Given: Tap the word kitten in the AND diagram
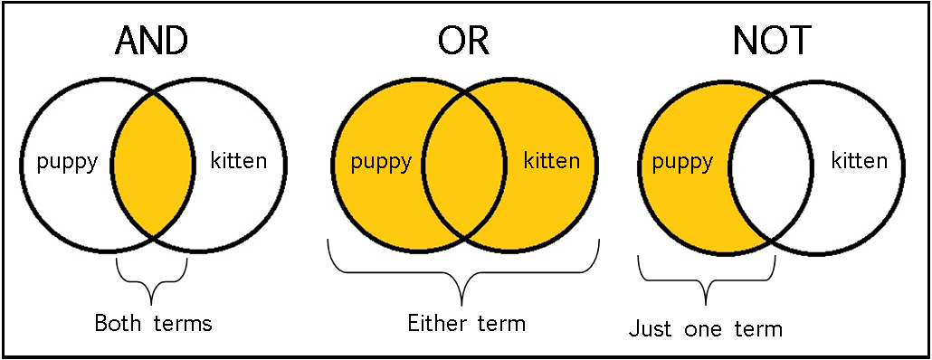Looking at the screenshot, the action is tap(238, 162).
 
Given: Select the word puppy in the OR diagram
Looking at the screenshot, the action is tap(380, 163).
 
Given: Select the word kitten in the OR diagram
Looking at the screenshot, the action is tap(552, 163).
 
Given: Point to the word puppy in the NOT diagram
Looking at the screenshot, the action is tap(683, 163).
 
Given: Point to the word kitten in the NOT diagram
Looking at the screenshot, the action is tap(860, 163).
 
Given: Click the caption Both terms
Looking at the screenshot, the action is tap(153, 322).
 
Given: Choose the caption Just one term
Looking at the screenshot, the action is tap(706, 328).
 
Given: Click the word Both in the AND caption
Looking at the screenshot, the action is tap(118, 322).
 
